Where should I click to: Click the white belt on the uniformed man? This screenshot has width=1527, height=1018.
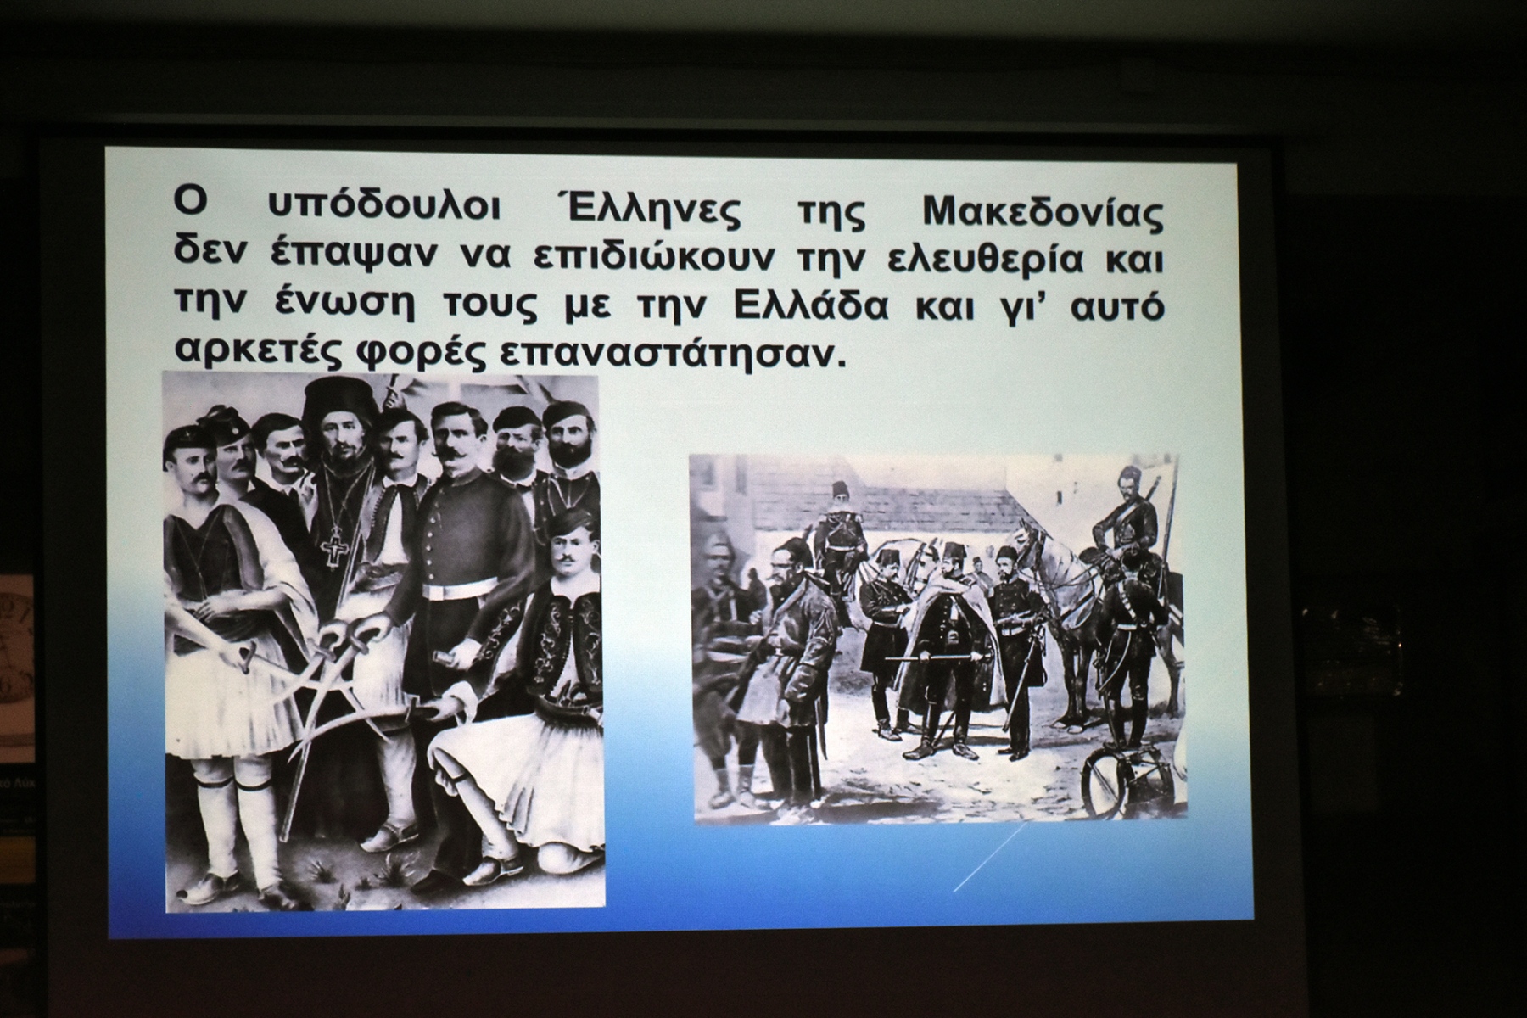pyautogui.click(x=459, y=588)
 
